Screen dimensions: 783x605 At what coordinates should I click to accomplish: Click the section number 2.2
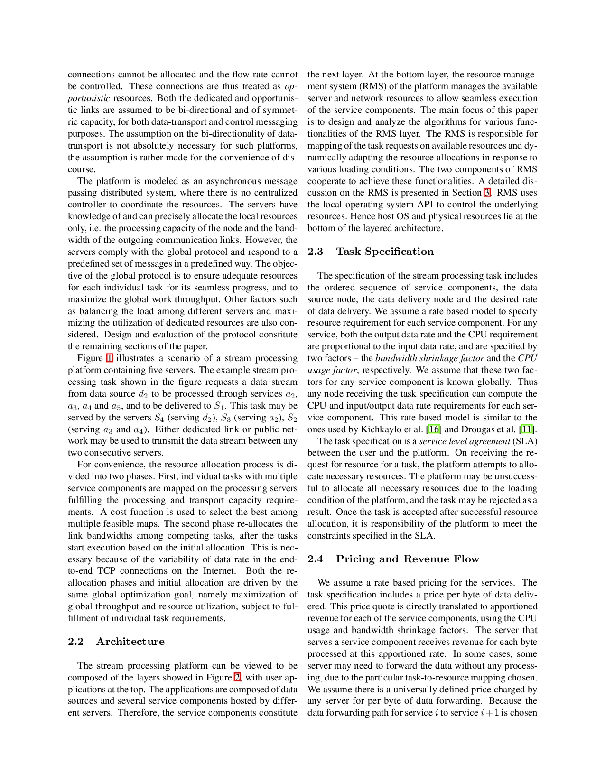75,642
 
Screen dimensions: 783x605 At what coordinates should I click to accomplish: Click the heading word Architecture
130,642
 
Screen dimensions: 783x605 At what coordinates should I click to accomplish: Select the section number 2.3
315,252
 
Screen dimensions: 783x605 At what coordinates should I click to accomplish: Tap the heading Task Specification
385,252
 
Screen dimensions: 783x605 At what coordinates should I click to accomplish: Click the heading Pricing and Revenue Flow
408,559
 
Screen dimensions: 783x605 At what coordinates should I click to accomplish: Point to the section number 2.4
315,559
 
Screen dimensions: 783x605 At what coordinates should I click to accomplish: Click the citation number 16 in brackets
434,429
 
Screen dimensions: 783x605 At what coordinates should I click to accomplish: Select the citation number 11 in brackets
526,429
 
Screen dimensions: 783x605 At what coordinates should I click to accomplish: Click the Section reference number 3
486,193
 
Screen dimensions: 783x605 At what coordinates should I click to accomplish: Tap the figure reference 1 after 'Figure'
109,358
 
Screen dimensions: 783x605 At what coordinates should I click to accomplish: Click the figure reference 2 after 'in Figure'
237,678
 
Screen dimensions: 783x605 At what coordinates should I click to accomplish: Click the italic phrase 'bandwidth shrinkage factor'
429,358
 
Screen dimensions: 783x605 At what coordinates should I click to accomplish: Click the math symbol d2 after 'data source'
143,394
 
